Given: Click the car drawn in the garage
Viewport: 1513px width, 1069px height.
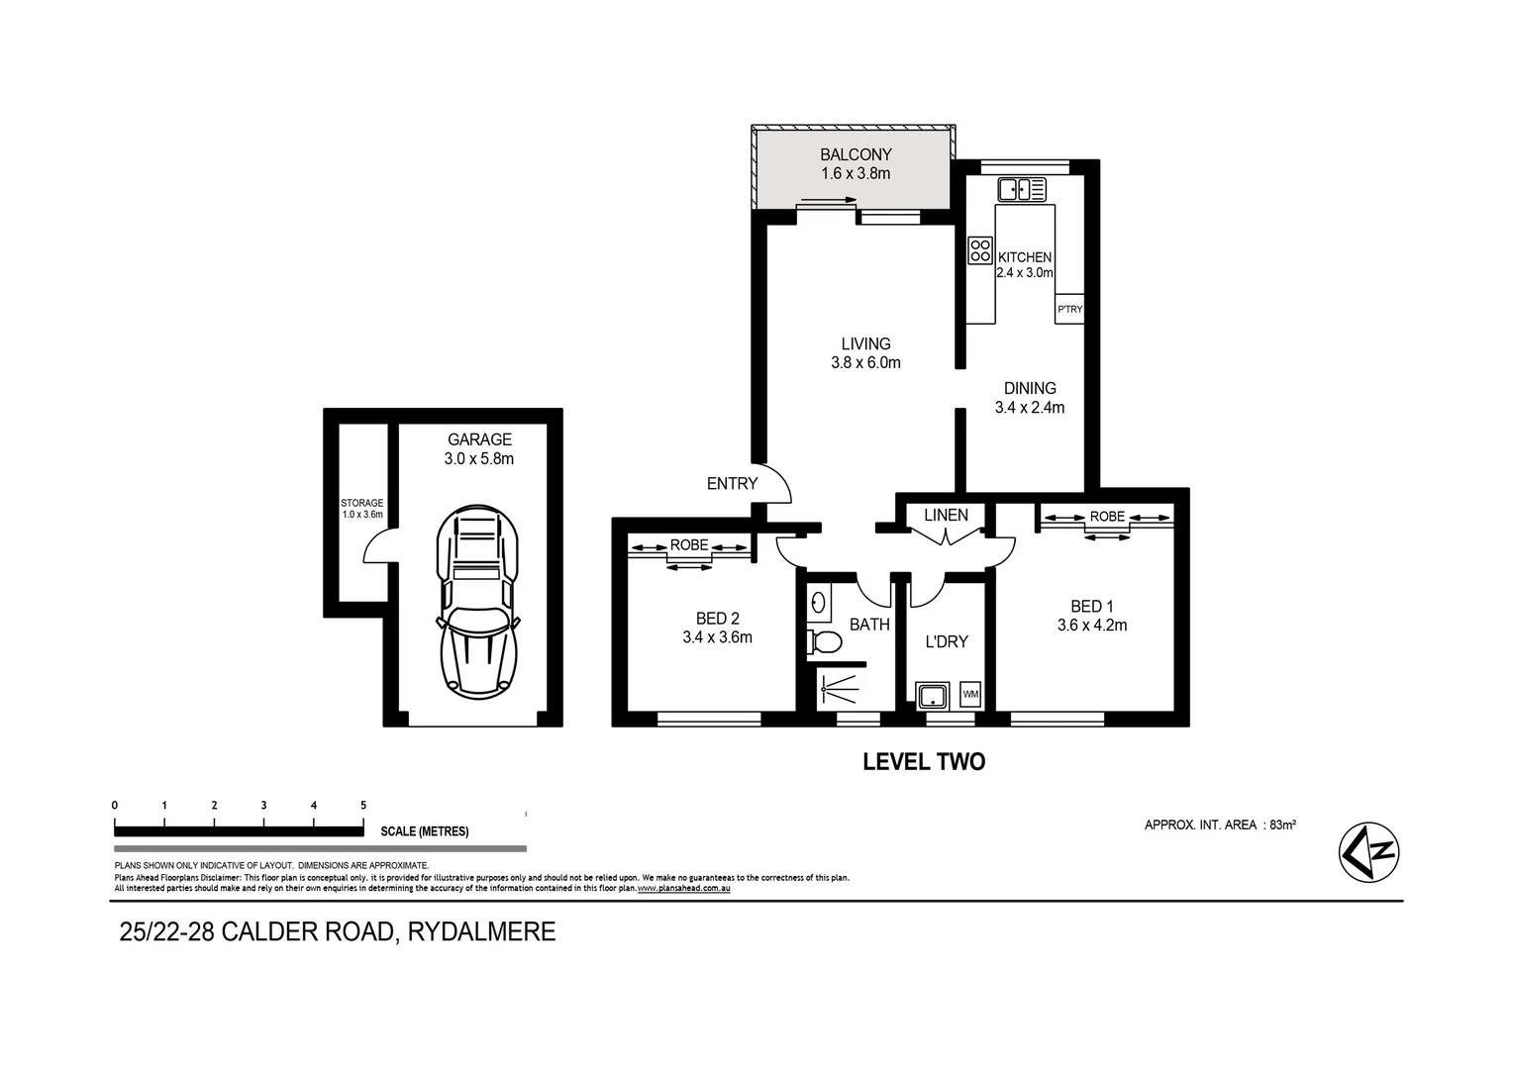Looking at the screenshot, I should [477, 600].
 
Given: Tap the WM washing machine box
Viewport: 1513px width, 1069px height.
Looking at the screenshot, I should [970, 695].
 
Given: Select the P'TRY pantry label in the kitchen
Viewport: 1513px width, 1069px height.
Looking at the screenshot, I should [1069, 310].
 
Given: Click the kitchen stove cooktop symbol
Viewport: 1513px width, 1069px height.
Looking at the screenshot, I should [980, 250].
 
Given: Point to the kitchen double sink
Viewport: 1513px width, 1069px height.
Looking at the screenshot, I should [1022, 189].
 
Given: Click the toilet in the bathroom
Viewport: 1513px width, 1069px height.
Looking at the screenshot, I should [824, 642].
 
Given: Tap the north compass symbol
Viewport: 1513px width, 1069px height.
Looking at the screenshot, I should [1369, 851].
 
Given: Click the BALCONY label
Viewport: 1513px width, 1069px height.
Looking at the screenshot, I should [856, 154].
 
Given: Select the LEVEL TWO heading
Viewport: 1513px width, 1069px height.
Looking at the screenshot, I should [924, 761].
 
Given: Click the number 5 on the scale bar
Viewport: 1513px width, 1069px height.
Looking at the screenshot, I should [363, 806].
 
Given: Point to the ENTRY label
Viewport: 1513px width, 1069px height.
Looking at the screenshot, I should [732, 484].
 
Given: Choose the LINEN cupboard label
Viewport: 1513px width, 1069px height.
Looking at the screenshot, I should [946, 515].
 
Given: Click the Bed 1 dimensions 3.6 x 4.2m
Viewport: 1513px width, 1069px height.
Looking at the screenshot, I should [1092, 625].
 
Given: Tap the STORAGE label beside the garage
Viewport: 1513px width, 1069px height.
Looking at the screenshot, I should [361, 503].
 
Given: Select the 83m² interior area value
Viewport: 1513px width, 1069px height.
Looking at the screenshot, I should [1283, 825].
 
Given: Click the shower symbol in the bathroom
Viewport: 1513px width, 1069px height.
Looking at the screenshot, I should [840, 686].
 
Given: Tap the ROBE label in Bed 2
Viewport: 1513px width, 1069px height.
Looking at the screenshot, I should [689, 545].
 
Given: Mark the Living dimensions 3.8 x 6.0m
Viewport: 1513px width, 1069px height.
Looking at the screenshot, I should [865, 362].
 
